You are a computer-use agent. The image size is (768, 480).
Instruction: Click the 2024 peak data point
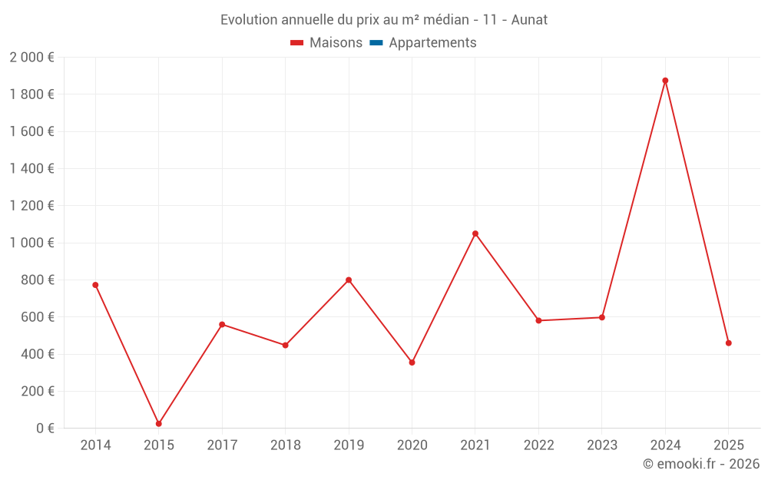tap(665, 81)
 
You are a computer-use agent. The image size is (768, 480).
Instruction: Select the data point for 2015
tap(159, 424)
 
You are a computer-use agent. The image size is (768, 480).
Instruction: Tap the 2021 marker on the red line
tap(475, 233)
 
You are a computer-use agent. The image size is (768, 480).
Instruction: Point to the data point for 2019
tap(349, 280)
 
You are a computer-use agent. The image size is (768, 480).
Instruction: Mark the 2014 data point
tap(95, 285)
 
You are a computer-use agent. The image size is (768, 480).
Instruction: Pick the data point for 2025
tap(729, 343)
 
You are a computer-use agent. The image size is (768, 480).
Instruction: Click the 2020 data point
tap(412, 362)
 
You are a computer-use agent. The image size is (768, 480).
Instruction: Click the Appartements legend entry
tap(432, 43)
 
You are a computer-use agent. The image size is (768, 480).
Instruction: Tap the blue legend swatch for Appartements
tap(376, 43)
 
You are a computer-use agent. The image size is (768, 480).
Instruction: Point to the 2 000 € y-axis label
tap(31, 58)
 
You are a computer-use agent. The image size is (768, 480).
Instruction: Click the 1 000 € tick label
tap(31, 243)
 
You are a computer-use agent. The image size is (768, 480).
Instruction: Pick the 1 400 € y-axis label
tap(31, 169)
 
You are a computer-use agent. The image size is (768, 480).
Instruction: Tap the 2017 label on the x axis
tap(222, 445)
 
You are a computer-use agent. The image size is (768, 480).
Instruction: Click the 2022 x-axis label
tap(538, 445)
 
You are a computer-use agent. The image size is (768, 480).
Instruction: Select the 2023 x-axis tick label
tap(602, 445)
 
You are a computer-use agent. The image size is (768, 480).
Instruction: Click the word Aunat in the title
tap(529, 20)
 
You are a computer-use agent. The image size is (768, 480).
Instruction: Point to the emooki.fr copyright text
tap(701, 464)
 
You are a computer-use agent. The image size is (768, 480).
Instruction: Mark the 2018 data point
tap(285, 346)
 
